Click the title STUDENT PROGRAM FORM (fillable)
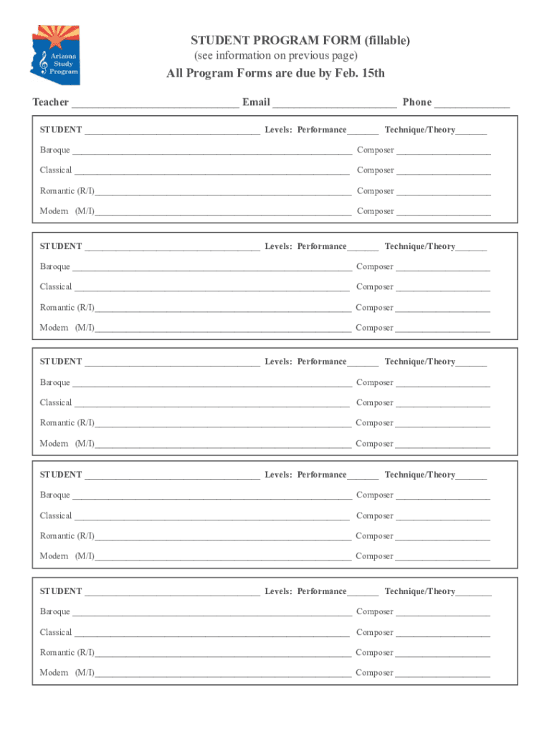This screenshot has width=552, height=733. coord(300,41)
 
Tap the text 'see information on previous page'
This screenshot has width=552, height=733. coord(276,56)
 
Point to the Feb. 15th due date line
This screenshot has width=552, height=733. coord(276,74)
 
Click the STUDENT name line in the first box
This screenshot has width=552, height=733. coord(172,132)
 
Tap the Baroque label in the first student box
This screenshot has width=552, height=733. coord(55,150)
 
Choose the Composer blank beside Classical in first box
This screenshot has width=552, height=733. coord(444,172)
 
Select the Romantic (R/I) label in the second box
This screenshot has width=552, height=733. coord(67,308)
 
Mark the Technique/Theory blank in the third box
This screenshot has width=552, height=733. coord(471,364)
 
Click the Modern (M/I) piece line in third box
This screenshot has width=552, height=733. coord(223,446)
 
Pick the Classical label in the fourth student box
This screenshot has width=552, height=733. coord(56,516)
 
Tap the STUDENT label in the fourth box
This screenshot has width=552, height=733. coord(61,475)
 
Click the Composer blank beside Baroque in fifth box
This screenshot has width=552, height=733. coord(443,613)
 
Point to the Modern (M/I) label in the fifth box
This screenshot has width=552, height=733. coord(67,673)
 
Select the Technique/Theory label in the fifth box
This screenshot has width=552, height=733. coord(419,592)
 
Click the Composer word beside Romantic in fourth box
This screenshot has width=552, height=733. coord(374,536)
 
